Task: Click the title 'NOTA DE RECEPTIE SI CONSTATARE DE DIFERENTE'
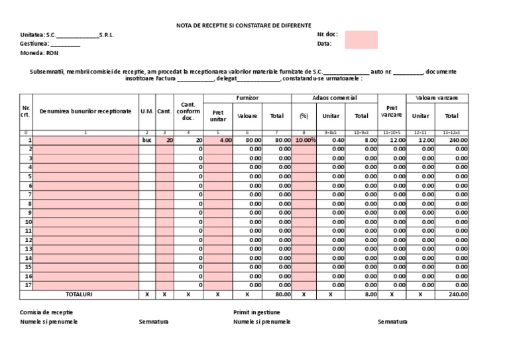(x=243, y=25)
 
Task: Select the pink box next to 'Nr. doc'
(x=361, y=40)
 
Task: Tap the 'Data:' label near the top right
(x=324, y=44)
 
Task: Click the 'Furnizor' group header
(x=247, y=98)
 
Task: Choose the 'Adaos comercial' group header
(x=335, y=98)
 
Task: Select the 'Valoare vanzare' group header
(x=437, y=98)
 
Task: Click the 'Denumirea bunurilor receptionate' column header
(x=85, y=112)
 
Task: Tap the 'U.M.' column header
(x=146, y=112)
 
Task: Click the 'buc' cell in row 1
(x=146, y=141)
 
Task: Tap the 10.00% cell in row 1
(x=305, y=141)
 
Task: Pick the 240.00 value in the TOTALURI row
(x=457, y=294)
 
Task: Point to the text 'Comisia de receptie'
(x=46, y=312)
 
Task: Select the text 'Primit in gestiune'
(x=256, y=312)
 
